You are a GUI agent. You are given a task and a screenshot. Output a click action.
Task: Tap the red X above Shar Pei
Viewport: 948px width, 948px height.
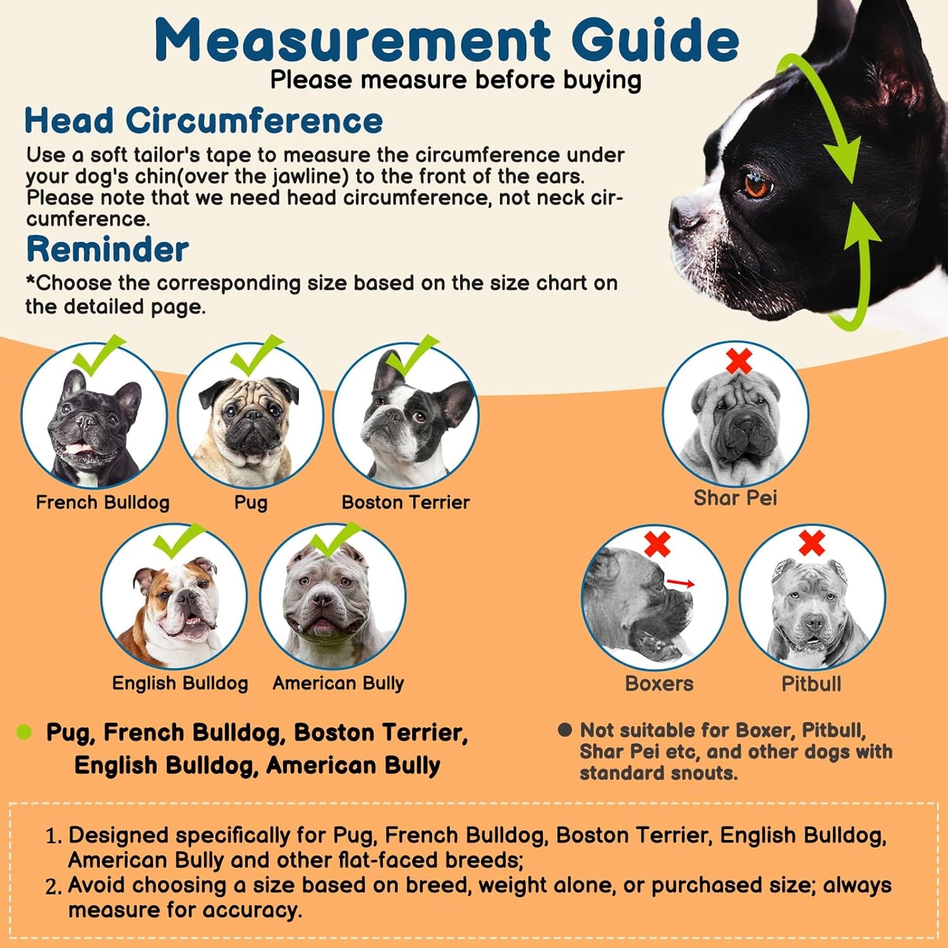click(738, 361)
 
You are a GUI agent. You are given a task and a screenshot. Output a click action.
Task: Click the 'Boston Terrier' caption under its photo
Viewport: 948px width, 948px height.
click(405, 502)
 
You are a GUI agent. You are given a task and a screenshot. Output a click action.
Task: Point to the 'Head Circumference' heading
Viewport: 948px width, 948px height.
click(204, 120)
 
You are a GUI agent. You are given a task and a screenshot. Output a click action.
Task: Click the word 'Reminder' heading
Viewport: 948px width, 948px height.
click(107, 249)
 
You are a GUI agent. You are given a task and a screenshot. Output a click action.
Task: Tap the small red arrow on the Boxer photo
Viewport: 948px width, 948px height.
click(681, 583)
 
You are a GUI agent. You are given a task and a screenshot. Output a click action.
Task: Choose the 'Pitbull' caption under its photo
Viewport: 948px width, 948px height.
click(811, 684)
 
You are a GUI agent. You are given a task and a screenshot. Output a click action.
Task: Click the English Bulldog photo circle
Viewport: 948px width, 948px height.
click(174, 597)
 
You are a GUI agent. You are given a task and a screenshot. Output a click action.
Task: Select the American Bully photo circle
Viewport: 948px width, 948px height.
click(332, 597)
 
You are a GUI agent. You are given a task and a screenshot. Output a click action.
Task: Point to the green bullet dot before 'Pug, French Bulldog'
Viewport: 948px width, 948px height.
click(24, 732)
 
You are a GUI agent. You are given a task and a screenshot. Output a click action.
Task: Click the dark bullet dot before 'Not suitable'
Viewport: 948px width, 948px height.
click(564, 730)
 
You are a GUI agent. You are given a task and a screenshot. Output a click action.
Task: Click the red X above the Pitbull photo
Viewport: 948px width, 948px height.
click(811, 543)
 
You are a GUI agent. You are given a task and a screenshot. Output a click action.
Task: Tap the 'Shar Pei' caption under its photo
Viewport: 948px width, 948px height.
click(735, 498)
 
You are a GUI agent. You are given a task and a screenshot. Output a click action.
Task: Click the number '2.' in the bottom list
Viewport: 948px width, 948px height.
click(54, 887)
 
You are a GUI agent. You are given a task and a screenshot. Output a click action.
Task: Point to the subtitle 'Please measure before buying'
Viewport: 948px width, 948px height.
click(456, 80)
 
